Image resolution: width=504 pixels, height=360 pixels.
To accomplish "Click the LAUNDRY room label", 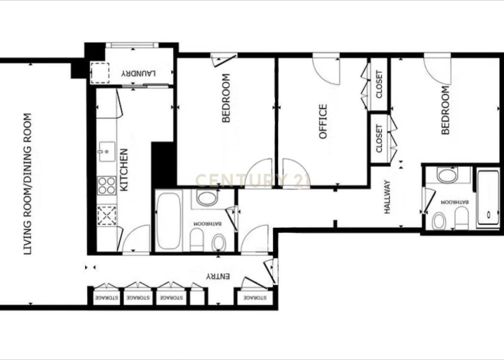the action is (138, 74).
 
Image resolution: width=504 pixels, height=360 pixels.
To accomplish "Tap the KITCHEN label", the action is (124, 170).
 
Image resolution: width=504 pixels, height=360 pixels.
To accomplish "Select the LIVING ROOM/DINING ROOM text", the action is (28, 184).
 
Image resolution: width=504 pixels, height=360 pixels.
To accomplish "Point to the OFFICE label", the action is (323, 121).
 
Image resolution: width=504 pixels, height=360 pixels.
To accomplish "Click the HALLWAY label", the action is (387, 197).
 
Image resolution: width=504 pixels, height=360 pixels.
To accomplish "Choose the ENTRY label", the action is (218, 276).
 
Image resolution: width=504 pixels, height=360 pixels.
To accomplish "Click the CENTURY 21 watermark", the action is (252, 180).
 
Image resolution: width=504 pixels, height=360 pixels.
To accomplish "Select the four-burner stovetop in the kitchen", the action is (107, 185).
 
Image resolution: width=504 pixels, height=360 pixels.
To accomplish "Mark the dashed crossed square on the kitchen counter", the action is (107, 215).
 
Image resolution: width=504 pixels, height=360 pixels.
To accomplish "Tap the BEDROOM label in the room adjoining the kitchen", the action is (226, 98).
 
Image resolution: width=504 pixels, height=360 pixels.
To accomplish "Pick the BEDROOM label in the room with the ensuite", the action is (445, 110).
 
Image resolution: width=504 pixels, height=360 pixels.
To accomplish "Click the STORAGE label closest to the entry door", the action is (255, 298).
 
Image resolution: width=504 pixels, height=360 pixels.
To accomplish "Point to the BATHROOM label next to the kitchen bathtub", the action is (207, 223).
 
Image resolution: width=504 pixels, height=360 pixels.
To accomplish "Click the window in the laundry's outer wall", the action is (132, 45).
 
